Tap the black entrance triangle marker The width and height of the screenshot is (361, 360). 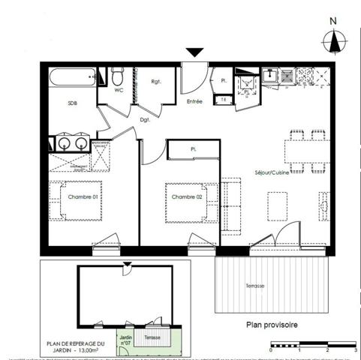point(194,52)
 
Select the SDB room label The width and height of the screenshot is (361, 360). point(72,104)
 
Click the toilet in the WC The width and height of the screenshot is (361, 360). point(117,76)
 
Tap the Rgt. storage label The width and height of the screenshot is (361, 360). point(158,82)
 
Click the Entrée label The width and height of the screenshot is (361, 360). point(194,100)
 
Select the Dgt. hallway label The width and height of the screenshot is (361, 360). point(145,119)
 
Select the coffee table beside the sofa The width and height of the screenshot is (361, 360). point(277,205)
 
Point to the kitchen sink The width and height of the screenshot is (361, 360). point(270,76)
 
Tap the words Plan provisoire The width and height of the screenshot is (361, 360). point(272,325)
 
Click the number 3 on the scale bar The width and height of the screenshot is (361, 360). point(354,350)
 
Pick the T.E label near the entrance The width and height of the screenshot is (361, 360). point(223,99)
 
